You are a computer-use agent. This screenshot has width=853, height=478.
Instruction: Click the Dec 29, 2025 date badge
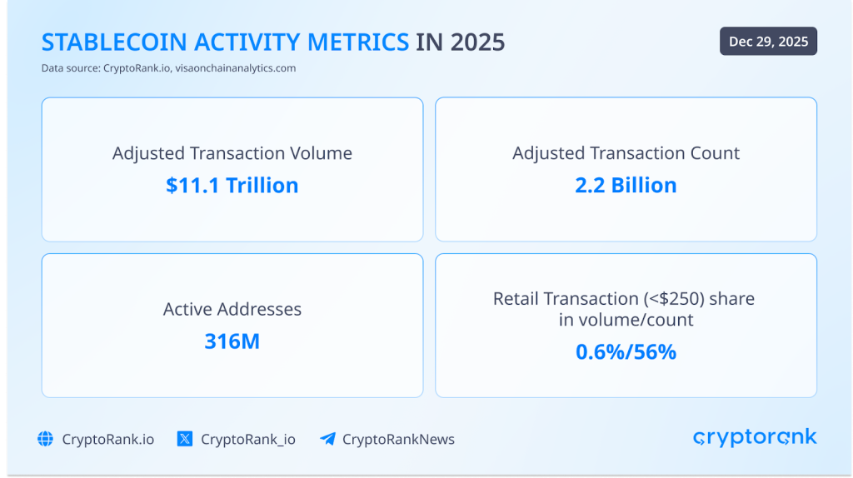[x=768, y=42]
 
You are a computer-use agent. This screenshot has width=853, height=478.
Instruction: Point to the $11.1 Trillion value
[x=232, y=185]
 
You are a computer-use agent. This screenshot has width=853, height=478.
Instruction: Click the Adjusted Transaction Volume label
[x=232, y=153]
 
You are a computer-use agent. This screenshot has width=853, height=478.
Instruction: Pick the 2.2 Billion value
[x=626, y=185]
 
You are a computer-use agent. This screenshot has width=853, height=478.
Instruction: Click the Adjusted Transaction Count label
[x=626, y=153]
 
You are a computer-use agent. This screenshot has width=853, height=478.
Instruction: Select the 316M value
[x=232, y=341]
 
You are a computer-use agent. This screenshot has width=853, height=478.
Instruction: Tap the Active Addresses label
[x=232, y=309]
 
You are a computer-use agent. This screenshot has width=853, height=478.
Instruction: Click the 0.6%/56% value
[x=626, y=351]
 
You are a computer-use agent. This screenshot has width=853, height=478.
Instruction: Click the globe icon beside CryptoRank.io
[x=46, y=439]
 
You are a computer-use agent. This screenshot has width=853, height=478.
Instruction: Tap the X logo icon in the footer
[x=185, y=439]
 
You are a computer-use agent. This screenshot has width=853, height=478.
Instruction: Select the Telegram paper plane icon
[x=327, y=439]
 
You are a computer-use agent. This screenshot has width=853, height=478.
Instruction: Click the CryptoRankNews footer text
[x=398, y=439]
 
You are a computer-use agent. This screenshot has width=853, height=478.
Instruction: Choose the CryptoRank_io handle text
[x=247, y=439]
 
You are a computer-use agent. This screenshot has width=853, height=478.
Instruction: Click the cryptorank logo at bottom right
[x=755, y=437]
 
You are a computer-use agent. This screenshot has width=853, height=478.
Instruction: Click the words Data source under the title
[x=70, y=68]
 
